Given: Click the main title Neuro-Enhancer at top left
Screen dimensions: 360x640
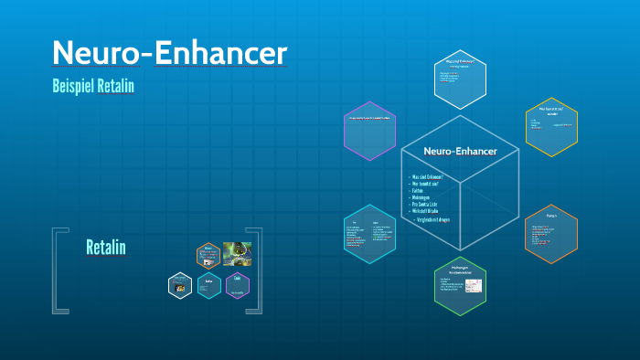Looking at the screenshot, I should [x=170, y=54].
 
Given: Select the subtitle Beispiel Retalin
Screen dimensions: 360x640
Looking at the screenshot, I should [x=94, y=87].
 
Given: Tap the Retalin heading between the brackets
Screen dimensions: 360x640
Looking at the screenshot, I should [x=105, y=248].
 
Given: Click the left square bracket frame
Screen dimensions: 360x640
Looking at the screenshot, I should [x=58, y=271].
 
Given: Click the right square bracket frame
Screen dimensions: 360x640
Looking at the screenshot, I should [x=257, y=271].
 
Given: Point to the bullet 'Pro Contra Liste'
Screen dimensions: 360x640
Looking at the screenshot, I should [x=429, y=204].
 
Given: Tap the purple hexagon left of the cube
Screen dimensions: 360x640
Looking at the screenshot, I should [x=368, y=131].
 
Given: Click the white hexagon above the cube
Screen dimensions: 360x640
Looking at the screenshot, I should [x=459, y=78].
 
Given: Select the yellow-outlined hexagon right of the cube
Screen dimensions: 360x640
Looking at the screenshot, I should [x=551, y=125].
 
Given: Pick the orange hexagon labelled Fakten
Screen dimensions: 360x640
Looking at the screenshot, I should [x=551, y=232].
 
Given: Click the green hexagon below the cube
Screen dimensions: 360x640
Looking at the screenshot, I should [x=459, y=285].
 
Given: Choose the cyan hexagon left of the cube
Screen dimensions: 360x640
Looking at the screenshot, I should [x=368, y=233].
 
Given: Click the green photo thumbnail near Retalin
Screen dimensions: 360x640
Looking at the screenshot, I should [x=236, y=253].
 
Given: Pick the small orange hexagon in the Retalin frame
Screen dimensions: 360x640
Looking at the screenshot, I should [x=208, y=253].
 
